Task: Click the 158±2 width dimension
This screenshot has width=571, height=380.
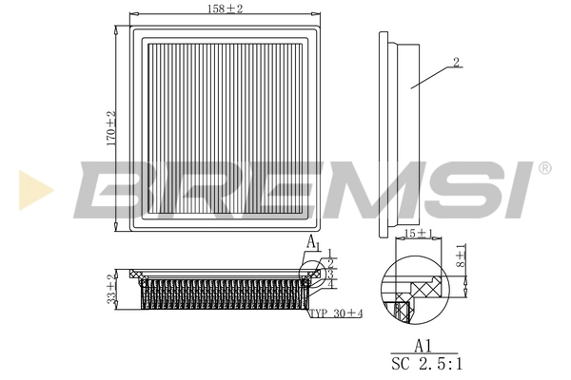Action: click(225, 9)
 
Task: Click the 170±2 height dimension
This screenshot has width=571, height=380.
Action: click(111, 126)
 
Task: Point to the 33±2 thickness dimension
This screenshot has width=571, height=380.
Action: click(111, 288)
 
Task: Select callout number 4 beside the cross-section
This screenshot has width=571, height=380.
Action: click(330, 283)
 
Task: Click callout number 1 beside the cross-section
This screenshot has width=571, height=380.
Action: click(330, 255)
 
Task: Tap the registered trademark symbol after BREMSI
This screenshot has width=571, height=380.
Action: click(544, 168)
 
